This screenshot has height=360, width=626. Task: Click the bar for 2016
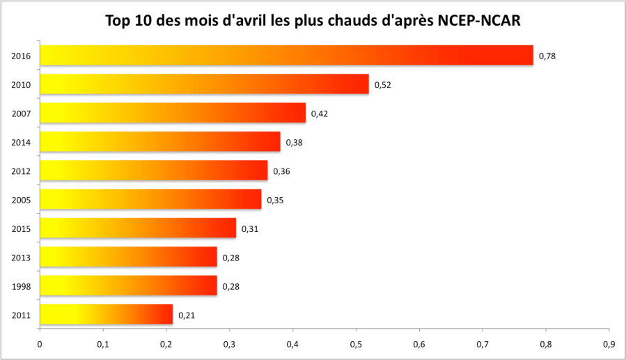click(286, 55)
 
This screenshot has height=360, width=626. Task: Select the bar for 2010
click(204, 84)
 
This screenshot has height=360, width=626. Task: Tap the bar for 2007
click(173, 113)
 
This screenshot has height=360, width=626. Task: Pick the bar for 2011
click(106, 315)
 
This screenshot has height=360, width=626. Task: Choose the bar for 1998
click(128, 285)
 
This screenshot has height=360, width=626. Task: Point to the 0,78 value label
click(547, 56)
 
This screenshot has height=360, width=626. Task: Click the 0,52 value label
click(382, 85)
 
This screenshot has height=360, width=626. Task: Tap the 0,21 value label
click(186, 315)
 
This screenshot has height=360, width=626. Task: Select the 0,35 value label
click(275, 200)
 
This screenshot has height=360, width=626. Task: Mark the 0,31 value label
click(249, 228)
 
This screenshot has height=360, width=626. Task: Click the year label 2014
click(21, 142)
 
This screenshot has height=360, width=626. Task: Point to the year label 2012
click(21, 171)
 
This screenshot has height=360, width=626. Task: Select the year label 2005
click(21, 200)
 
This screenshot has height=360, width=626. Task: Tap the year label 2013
click(21, 258)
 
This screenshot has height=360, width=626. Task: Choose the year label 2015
click(21, 228)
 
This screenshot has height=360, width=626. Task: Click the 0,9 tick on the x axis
click(609, 343)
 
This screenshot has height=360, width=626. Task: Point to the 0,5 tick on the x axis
click(356, 343)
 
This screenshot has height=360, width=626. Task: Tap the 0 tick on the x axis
click(40, 343)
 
